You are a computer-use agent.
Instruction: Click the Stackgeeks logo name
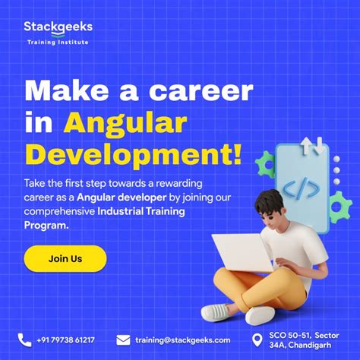pyautogui.click(x=58, y=27)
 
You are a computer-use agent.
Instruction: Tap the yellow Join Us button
pyautogui.click(x=65, y=258)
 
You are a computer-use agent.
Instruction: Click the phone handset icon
pyautogui.click(x=25, y=339)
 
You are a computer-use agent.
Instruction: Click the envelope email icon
pyautogui.click(x=124, y=339)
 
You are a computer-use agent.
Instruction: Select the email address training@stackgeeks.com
pyautogui.click(x=182, y=340)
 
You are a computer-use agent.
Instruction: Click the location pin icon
pyautogui.click(x=256, y=339)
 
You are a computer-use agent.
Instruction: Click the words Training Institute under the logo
pyautogui.click(x=58, y=42)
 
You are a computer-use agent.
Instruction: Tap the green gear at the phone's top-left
pyautogui.click(x=267, y=163)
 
